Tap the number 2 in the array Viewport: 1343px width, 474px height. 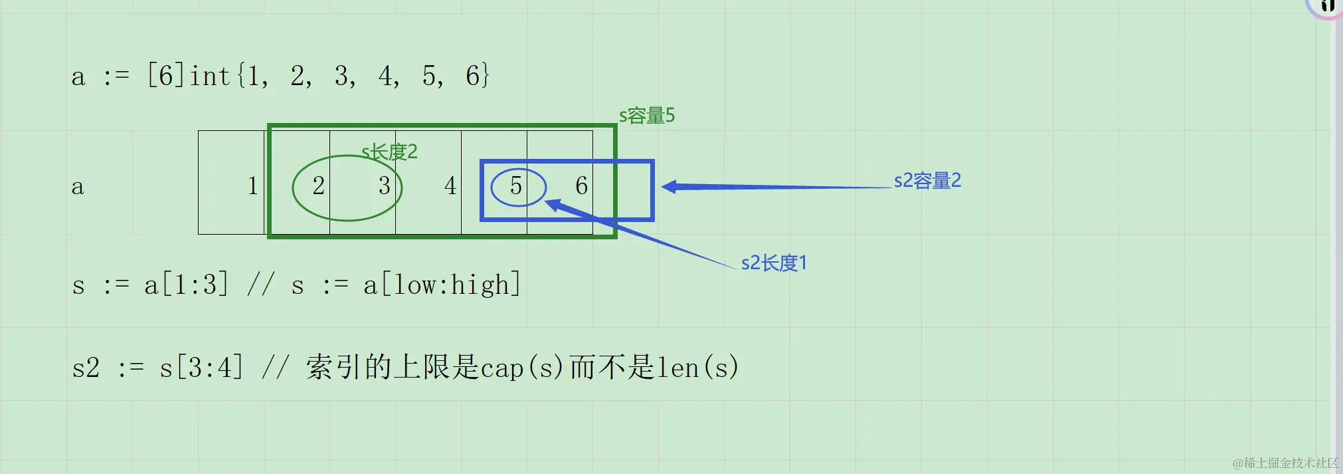[x=318, y=185]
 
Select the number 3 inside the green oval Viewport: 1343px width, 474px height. [x=384, y=185]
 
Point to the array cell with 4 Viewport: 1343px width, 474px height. [x=450, y=185]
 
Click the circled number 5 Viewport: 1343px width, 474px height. [x=516, y=185]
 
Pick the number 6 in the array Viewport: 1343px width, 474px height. [x=581, y=185]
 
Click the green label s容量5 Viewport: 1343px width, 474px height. [x=646, y=116]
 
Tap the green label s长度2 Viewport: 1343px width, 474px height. [x=389, y=152]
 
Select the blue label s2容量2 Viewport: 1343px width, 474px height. [x=927, y=181]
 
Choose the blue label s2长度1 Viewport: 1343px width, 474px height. [x=774, y=263]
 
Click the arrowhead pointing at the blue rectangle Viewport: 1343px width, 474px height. [x=670, y=187]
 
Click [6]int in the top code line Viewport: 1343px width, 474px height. [x=188, y=76]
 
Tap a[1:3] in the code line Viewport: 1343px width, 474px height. [x=186, y=285]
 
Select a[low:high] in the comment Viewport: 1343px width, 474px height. [x=442, y=285]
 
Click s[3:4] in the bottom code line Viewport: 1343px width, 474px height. [x=201, y=368]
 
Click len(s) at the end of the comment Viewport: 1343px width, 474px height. [x=697, y=368]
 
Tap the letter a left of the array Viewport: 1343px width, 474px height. [x=78, y=187]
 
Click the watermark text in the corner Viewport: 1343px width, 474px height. [x=1285, y=463]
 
